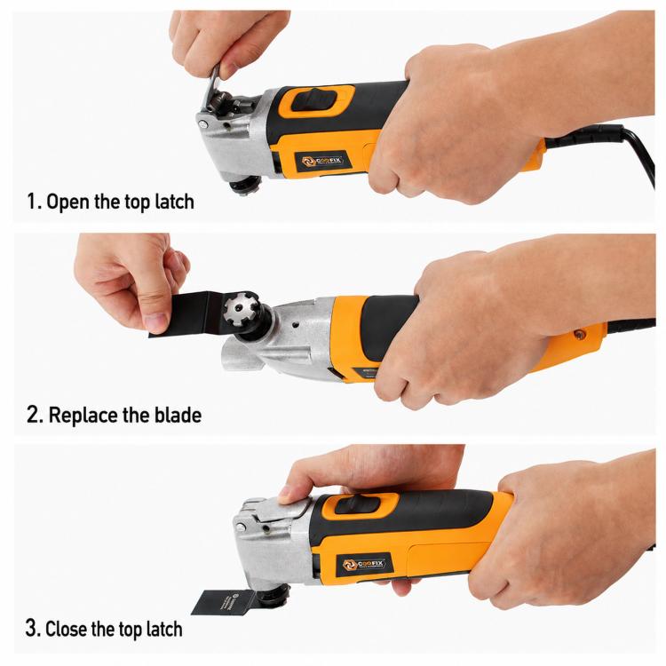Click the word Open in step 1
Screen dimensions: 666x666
(x=69, y=202)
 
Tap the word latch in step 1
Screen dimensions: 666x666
(x=174, y=202)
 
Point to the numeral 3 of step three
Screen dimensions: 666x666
(x=31, y=628)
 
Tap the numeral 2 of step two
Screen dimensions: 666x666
(x=33, y=415)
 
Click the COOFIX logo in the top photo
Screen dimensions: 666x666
(x=322, y=161)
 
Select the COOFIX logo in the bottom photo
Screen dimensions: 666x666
(x=364, y=564)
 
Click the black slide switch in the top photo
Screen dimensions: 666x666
(x=313, y=100)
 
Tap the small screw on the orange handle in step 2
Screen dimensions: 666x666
(x=577, y=335)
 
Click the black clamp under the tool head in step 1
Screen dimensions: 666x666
(x=245, y=186)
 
